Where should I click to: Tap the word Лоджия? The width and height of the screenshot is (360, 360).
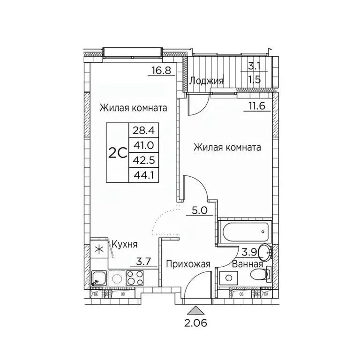(206, 81)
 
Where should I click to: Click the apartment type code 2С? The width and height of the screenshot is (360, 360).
(118, 153)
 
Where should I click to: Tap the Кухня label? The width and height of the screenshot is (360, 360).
(124, 244)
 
